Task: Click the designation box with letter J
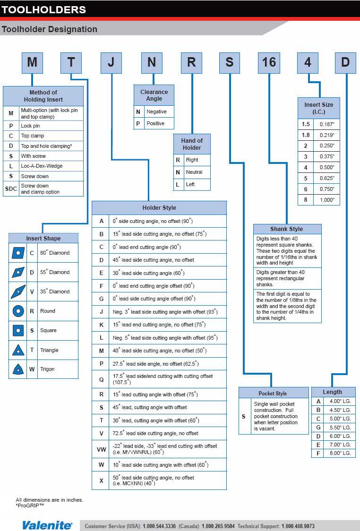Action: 111,63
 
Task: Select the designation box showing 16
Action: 269,63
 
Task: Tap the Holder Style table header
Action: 159,208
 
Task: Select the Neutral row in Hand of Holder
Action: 194,172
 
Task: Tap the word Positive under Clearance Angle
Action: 155,123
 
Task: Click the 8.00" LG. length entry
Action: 340,453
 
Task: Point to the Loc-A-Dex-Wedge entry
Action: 42,166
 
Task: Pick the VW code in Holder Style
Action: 101,450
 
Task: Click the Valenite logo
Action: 47,525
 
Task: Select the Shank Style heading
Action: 287,229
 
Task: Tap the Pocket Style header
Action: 273,394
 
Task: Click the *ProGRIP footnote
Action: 30,505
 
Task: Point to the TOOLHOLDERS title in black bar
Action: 44,9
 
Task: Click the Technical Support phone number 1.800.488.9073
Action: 298,526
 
